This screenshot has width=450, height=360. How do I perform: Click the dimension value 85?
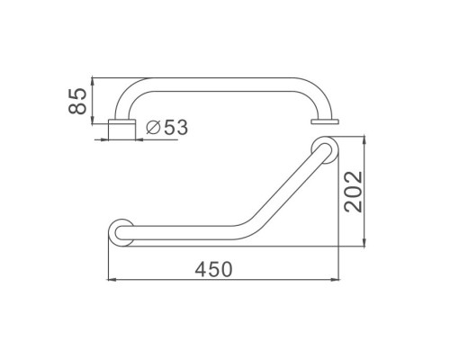(x=77, y=101)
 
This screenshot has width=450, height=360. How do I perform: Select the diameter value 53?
(x=175, y=127)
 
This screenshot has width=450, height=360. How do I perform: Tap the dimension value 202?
(x=354, y=192)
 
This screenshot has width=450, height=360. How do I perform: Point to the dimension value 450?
(x=213, y=269)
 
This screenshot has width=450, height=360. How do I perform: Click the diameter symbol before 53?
(x=153, y=128)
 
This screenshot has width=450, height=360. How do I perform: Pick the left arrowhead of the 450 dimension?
(x=112, y=280)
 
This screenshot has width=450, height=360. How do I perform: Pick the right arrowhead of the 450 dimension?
(x=335, y=280)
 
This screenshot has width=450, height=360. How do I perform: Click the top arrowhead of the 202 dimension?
(x=364, y=140)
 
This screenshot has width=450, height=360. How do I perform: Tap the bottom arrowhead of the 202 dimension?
(x=364, y=242)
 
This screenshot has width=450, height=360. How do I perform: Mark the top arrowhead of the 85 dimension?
(x=93, y=82)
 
